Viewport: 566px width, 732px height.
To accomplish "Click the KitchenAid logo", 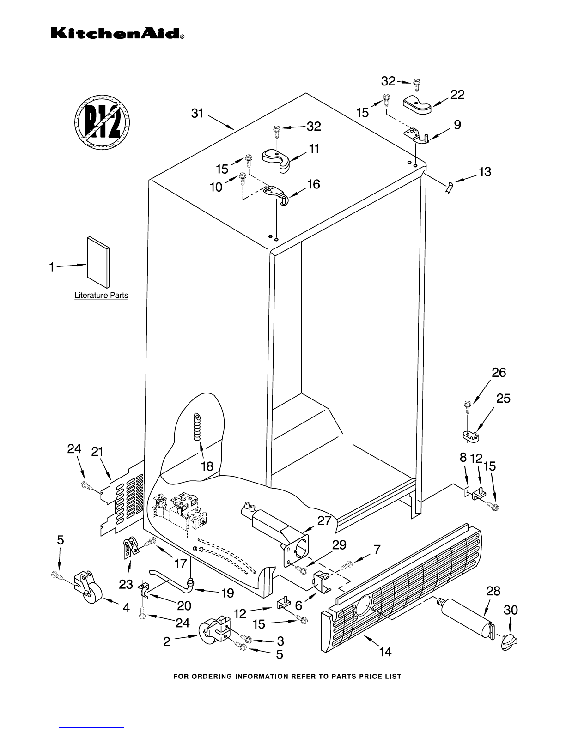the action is [117, 33].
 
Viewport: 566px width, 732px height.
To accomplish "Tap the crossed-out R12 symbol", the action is [102, 122].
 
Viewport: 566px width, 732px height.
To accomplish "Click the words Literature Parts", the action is [101, 295].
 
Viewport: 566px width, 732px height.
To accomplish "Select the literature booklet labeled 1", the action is [98, 262].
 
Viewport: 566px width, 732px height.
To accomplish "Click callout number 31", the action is [197, 113].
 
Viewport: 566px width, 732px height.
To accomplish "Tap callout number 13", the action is [485, 172].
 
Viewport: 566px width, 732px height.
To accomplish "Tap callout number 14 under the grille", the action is [385, 652].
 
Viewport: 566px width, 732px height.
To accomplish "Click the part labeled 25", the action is [471, 435].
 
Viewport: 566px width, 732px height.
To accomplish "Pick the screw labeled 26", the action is [467, 407].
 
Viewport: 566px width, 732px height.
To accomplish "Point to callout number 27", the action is [324, 520].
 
